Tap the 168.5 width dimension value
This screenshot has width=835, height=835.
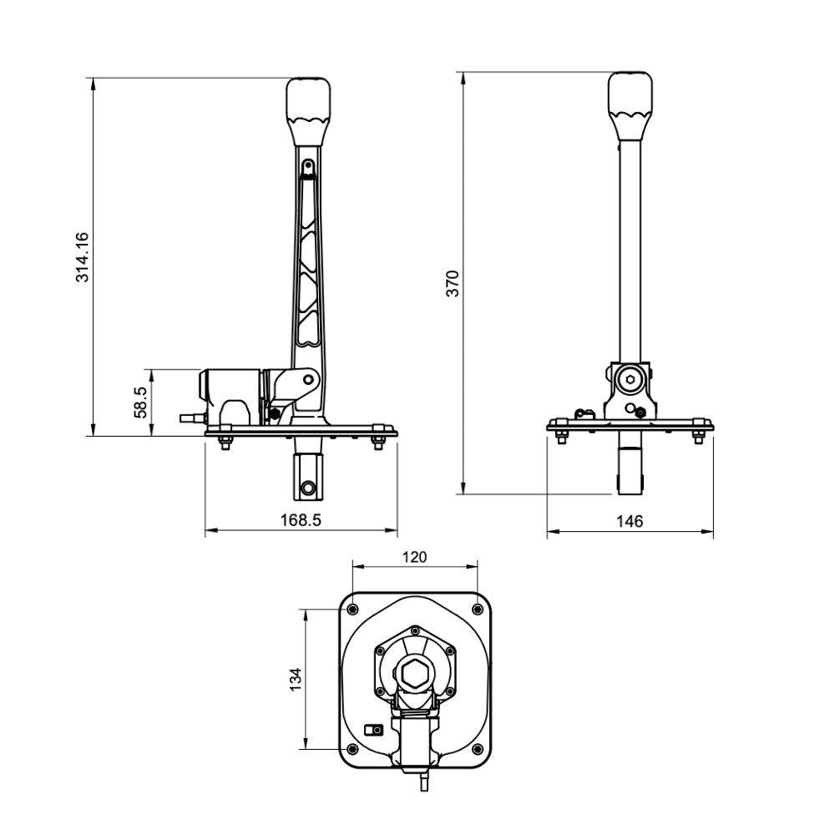coord(301,519)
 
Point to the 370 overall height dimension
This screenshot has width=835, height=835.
coord(452,284)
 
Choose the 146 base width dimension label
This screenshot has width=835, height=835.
coord(630,521)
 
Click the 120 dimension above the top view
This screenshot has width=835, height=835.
coord(414,557)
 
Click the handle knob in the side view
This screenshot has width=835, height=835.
coord(308,99)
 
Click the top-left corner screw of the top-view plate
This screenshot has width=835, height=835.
coord(352,608)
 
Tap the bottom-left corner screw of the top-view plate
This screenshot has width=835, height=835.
coord(352,748)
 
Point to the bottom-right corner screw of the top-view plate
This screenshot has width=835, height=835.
coord(477,748)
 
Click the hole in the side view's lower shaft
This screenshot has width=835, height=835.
coord(308,486)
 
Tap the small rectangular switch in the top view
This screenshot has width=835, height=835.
coord(375,729)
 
